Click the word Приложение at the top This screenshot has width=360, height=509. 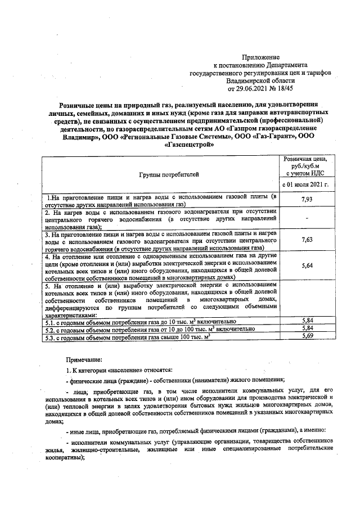click(260, 58)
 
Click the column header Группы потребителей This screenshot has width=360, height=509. click(161, 175)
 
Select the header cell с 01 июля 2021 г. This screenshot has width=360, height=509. click(304, 184)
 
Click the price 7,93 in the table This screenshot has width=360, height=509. click(307, 200)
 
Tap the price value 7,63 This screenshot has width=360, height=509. click(307, 240)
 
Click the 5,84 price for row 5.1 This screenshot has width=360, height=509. click(307, 319)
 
